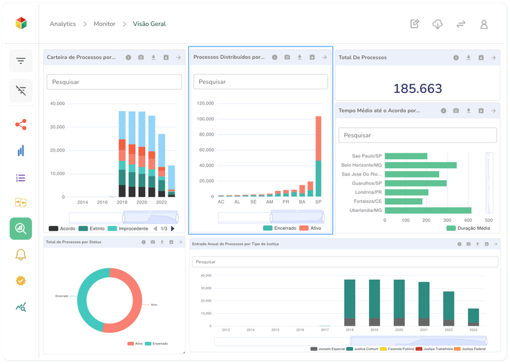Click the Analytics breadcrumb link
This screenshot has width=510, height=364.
pyautogui.click(x=63, y=24)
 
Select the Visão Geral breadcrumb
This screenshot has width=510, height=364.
pyautogui.click(x=149, y=24)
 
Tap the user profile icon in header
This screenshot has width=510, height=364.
pyautogui.click(x=484, y=24)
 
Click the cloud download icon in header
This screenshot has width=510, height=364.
pyautogui.click(x=437, y=24)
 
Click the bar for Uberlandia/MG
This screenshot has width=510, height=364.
pyautogui.click(x=428, y=210)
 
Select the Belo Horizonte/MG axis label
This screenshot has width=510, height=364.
pyautogui.click(x=361, y=165)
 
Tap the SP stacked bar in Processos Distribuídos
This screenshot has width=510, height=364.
pyautogui.click(x=318, y=159)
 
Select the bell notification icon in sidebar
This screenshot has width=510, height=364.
pyautogui.click(x=20, y=255)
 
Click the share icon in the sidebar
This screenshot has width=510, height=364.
pyautogui.click(x=20, y=124)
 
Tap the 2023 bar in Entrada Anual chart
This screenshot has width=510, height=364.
pyautogui.click(x=473, y=317)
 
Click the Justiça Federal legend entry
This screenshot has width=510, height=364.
pyautogui.click(x=472, y=349)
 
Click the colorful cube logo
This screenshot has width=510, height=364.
pyautogui.click(x=21, y=23)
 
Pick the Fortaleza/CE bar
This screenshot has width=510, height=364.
pyautogui.click(x=404, y=201)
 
